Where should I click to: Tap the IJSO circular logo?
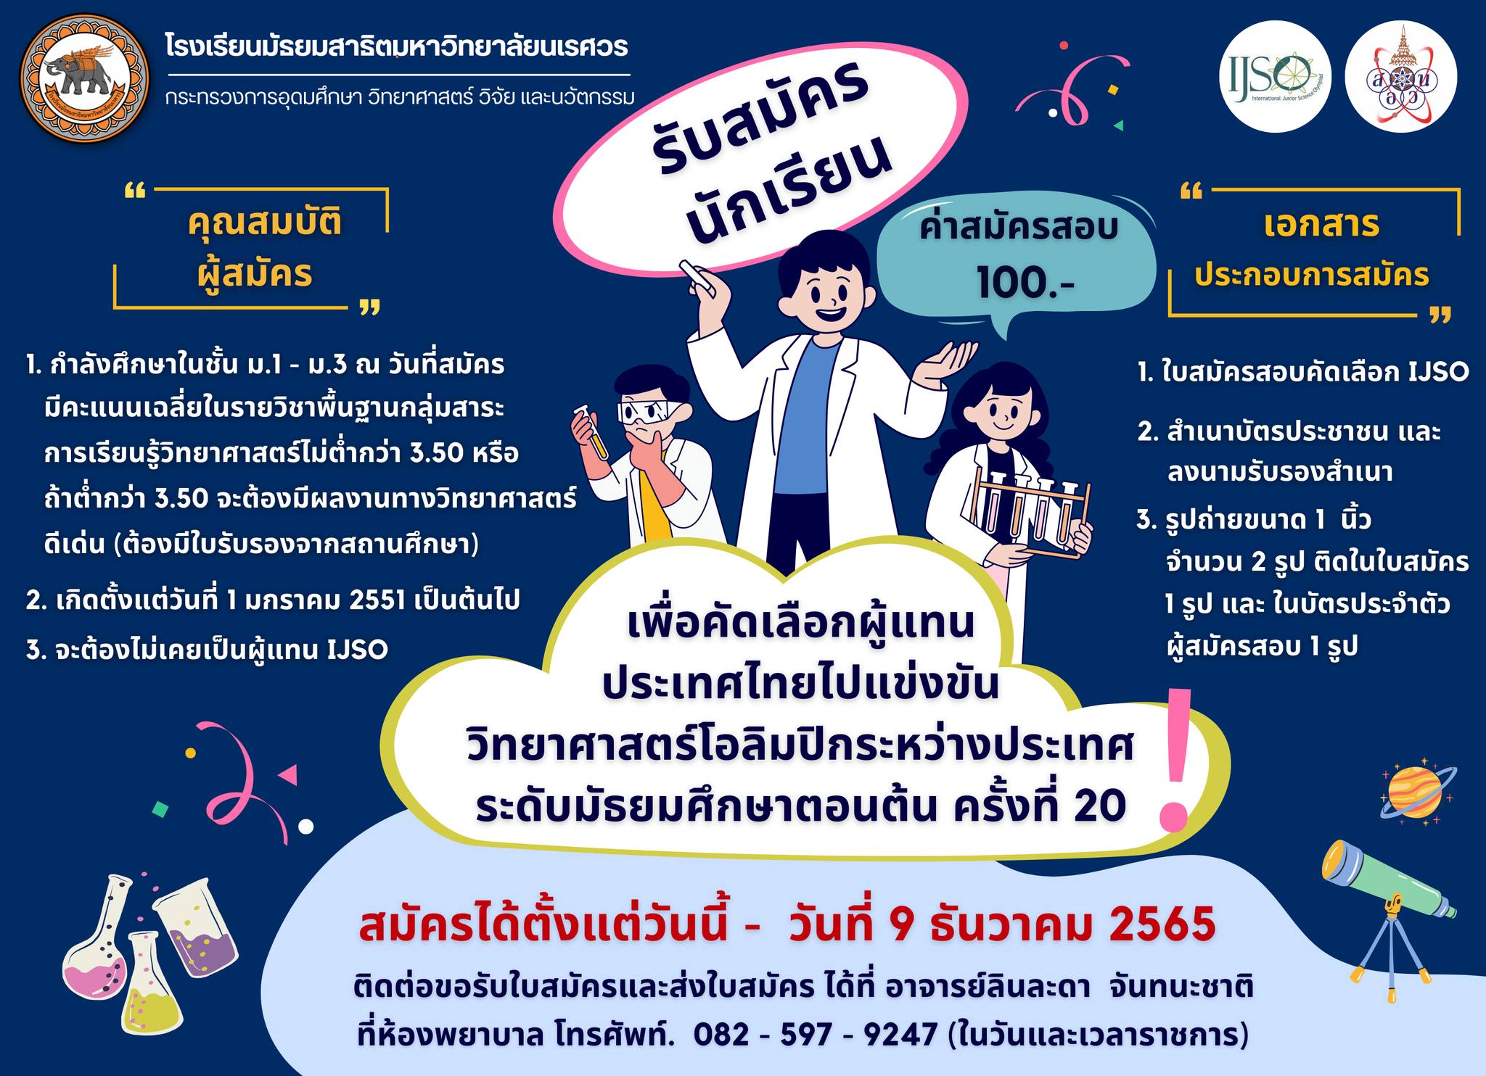tap(1275, 79)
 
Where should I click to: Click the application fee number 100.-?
tap(1025, 284)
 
